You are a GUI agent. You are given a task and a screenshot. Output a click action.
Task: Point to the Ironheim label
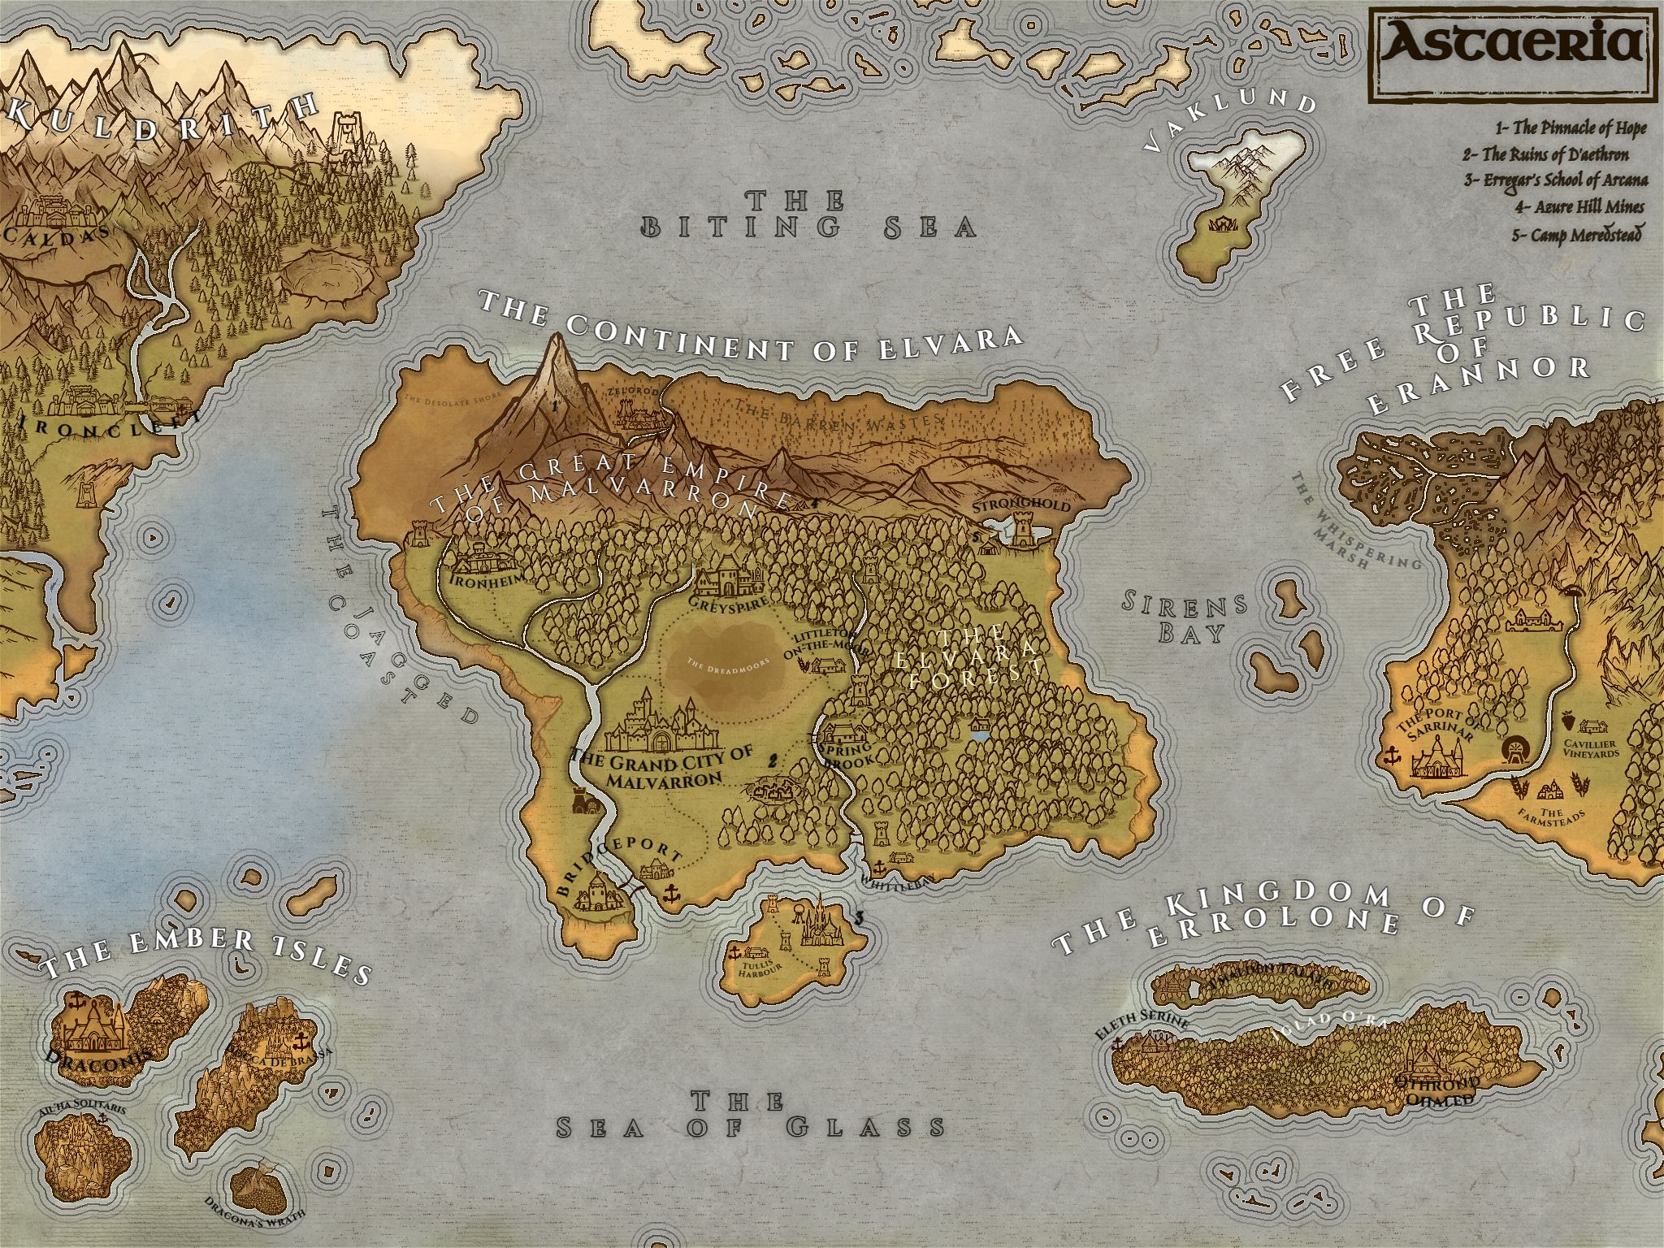coord(483,580)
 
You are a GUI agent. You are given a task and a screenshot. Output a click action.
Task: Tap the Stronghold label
coord(1021,505)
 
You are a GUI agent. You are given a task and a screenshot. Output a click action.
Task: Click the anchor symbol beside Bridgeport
coord(671,894)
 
